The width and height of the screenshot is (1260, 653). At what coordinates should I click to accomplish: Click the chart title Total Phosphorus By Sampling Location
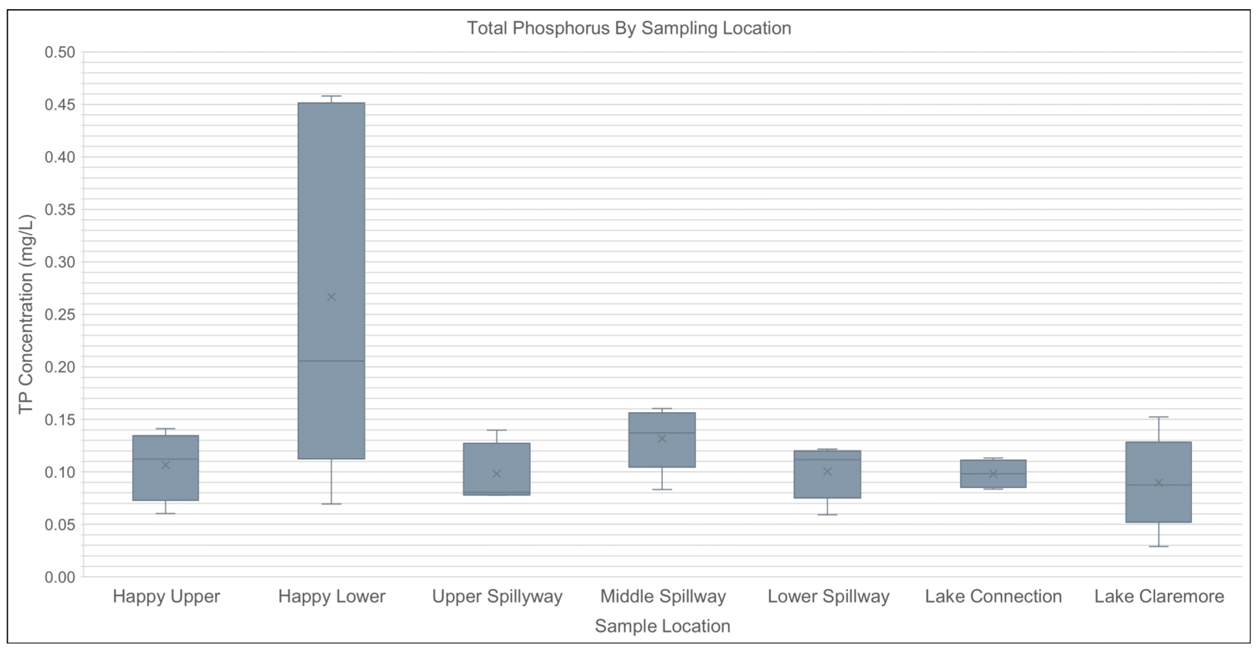[x=629, y=29]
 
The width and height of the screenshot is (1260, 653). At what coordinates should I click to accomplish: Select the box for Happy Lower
[x=331, y=227]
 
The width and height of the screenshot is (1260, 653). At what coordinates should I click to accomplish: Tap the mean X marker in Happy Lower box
[x=331, y=297]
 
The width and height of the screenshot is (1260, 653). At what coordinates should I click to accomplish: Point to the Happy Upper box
[x=165, y=479]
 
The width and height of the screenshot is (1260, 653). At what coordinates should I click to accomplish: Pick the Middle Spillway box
[x=662, y=453]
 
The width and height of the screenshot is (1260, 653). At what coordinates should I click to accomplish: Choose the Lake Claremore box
[x=1158, y=505]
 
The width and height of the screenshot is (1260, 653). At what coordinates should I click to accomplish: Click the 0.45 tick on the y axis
[x=60, y=105]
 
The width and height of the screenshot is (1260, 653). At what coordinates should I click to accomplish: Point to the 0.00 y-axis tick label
[x=60, y=577]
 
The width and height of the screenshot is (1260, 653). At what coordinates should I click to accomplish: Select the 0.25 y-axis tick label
[x=60, y=315]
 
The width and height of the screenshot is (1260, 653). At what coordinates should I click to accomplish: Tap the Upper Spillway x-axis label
[x=497, y=597]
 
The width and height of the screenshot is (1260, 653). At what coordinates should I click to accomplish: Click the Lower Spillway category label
[x=828, y=597]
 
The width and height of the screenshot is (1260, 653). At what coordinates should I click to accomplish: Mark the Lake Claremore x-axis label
[x=1159, y=597]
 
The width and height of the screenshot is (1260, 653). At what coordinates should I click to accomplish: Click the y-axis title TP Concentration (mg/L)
[x=26, y=314]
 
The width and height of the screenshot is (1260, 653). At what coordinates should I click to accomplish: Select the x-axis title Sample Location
[x=662, y=626]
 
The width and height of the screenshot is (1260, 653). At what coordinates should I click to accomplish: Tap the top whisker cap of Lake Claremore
[x=1158, y=417]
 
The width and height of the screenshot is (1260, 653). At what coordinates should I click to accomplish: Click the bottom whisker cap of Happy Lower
[x=331, y=504]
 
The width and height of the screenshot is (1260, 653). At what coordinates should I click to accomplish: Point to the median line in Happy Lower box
[x=331, y=361]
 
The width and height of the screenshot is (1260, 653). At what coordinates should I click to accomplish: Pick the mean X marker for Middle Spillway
[x=662, y=439]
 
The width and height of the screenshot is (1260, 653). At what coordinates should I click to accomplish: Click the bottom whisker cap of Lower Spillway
[x=827, y=515]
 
